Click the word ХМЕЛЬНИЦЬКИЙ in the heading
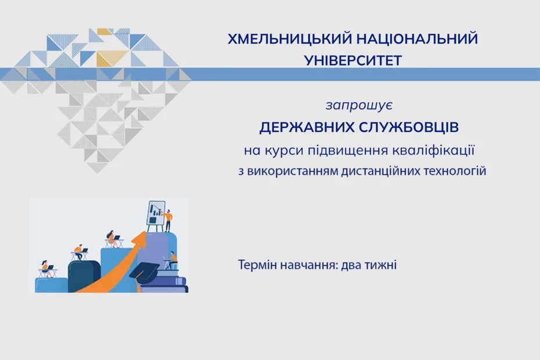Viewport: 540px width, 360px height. [289, 39]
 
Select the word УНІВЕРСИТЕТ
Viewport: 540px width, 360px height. [353, 60]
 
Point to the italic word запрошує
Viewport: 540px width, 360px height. [359, 105]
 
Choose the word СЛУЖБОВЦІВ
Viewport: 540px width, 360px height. [409, 128]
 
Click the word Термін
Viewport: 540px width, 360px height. [257, 265]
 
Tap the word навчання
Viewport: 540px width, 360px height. [308, 265]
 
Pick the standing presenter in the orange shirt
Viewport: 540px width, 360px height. [168, 221]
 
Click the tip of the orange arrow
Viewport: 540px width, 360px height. [145, 232]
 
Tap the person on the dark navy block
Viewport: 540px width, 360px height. [79, 251]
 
